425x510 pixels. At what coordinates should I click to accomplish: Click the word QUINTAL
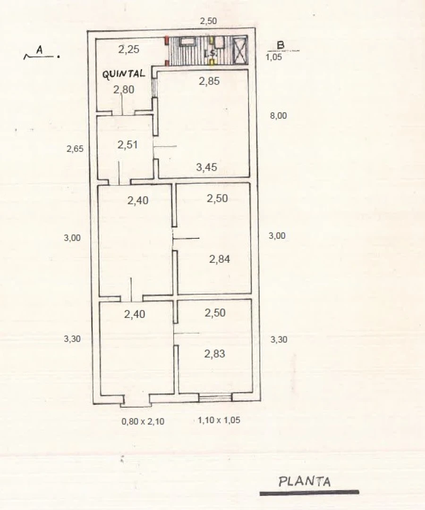124,74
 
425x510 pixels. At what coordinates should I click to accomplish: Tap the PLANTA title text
305,481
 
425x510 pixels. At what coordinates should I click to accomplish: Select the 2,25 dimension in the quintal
128,50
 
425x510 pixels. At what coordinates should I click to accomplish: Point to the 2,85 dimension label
209,81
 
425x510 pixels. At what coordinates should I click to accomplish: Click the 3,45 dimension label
206,167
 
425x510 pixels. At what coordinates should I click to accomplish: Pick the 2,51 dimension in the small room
127,145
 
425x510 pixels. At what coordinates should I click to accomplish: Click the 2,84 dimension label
220,259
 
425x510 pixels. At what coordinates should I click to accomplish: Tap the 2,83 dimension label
214,353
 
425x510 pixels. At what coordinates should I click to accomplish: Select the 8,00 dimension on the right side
279,116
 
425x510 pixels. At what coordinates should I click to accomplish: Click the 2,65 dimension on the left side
75,149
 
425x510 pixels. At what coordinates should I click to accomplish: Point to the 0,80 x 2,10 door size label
143,421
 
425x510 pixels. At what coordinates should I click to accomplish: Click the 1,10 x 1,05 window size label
219,420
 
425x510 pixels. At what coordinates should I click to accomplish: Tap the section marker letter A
39,50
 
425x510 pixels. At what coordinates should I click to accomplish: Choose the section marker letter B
280,45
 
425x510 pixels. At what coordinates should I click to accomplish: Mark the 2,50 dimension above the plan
208,21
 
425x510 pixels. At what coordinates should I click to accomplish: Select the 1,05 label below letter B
273,57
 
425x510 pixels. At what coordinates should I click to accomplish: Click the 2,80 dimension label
123,90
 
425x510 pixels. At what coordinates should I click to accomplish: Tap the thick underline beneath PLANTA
309,493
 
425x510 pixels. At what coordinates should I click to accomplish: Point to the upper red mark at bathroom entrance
166,41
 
